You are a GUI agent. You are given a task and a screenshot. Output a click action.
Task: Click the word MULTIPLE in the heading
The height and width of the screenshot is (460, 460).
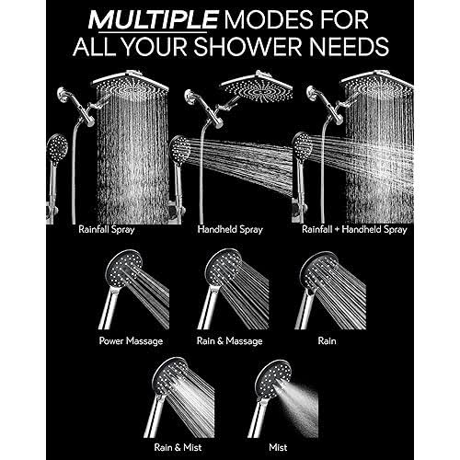tap(154, 20)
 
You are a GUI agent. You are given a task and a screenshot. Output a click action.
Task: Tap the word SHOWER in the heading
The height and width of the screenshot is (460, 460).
tap(247, 46)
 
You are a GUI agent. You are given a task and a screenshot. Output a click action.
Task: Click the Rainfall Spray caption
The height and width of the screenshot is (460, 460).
tap(107, 230)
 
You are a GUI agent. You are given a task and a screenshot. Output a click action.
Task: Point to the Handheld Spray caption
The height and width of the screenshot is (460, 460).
tap(230, 230)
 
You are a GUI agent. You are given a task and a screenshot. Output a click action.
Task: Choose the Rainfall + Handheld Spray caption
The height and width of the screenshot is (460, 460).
tap(354, 230)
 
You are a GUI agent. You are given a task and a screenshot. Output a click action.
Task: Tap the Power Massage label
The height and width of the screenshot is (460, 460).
tap(131, 341)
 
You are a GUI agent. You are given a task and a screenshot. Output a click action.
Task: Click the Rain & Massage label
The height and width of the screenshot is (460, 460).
tap(230, 341)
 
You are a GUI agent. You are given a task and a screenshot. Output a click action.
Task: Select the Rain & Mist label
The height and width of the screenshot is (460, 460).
tap(178, 447)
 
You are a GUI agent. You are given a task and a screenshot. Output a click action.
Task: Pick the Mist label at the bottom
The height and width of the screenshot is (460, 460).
tap(278, 447)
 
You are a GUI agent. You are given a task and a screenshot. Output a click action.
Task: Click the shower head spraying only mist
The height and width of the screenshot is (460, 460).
tap(272, 378)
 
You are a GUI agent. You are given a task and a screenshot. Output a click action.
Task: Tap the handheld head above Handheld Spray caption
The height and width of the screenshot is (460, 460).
tap(180, 151)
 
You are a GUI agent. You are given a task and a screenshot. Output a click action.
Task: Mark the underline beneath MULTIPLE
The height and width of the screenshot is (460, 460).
tap(153, 31)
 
